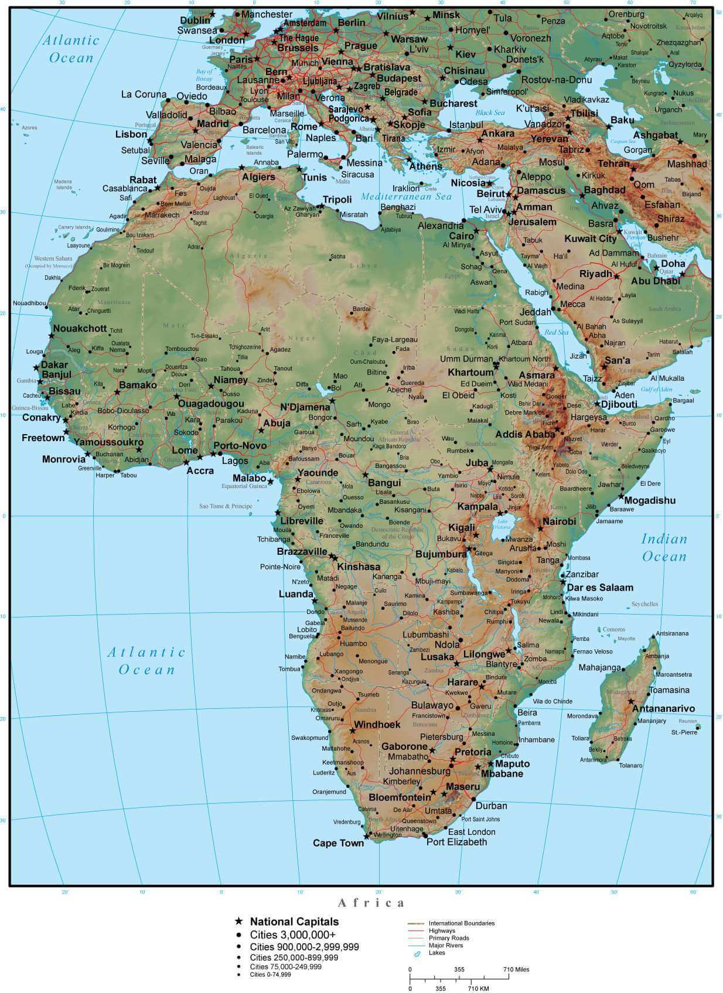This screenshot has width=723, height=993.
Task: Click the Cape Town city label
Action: coord(338,843)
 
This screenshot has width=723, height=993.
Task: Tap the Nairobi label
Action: coord(559,521)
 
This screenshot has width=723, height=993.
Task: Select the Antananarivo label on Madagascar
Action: coord(663,708)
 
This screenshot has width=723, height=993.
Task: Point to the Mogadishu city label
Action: coord(650,500)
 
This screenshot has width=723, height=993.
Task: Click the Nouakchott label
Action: coord(80,329)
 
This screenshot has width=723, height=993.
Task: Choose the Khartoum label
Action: coord(470,373)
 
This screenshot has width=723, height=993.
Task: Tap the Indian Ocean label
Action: coord(664,547)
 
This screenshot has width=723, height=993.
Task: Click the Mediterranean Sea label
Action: coord(407,197)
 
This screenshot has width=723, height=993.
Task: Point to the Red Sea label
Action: coord(556,332)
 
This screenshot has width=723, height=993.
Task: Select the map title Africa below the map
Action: coord(371,903)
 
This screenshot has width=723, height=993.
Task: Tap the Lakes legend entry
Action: coord(436,953)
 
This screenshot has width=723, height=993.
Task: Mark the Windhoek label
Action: coord(377,725)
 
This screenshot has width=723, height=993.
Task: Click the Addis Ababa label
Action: coord(525,435)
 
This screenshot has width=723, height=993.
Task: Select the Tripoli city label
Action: coord(337,200)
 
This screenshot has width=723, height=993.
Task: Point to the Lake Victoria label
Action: coord(502,523)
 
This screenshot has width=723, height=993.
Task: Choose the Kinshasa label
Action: coord(359,567)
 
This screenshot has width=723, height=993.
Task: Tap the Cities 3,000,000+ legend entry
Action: coord(293,934)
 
